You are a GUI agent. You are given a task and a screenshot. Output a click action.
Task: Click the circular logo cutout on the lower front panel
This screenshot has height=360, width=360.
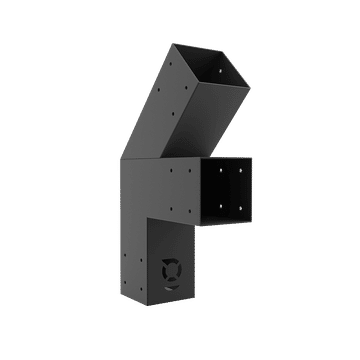coord(171,271)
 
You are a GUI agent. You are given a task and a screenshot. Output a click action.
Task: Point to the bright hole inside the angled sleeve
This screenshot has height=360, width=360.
coord(221,70)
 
